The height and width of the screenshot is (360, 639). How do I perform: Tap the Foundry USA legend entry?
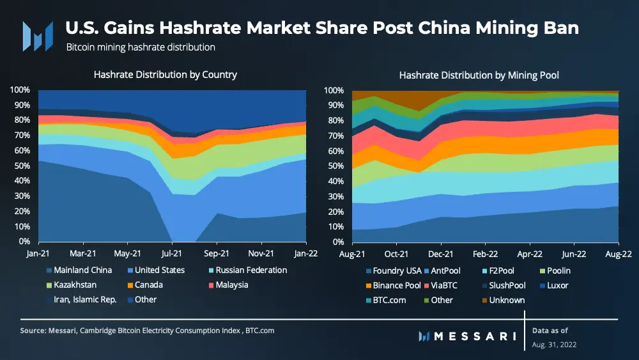(x=396, y=270)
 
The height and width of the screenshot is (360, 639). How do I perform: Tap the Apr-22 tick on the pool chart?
(x=530, y=253)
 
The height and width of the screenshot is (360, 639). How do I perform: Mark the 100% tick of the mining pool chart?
(x=334, y=90)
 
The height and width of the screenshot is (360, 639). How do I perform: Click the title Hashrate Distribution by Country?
(x=166, y=75)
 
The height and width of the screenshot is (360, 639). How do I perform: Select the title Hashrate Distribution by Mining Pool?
(x=479, y=75)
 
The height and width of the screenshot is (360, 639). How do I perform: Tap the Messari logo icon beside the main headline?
(x=38, y=36)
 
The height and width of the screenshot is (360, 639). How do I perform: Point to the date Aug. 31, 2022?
(x=554, y=345)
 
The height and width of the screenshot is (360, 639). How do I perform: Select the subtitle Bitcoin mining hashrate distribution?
(x=141, y=47)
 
